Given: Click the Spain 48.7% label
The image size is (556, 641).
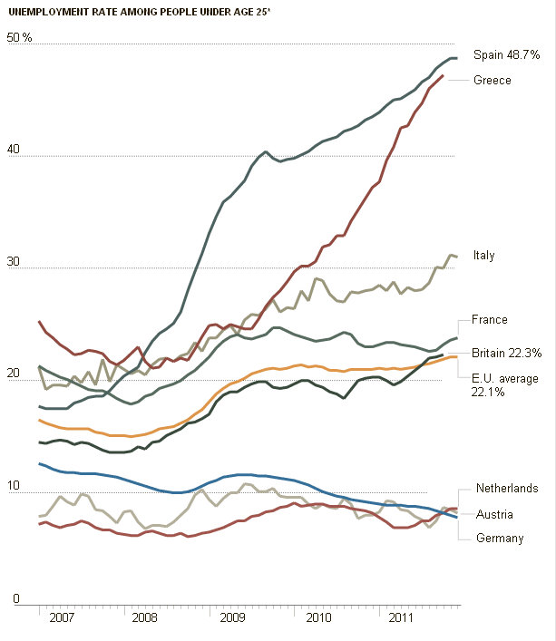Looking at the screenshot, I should [506, 55].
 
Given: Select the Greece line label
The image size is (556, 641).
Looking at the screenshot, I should [493, 81].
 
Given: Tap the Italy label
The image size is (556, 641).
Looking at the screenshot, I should [483, 256].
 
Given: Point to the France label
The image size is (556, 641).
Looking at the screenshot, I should [490, 320].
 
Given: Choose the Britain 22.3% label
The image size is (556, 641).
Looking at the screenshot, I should [507, 353].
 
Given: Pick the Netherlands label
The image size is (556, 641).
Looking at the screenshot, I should [507, 489].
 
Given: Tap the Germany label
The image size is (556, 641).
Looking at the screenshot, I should [500, 539].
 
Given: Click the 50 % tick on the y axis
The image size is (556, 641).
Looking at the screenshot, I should [19, 38].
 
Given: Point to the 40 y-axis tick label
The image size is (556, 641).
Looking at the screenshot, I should [13, 151].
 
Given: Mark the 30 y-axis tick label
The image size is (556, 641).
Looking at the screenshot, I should [13, 263].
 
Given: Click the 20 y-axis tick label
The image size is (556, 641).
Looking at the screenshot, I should [13, 375].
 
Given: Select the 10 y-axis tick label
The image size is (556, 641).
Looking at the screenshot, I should [13, 488].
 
